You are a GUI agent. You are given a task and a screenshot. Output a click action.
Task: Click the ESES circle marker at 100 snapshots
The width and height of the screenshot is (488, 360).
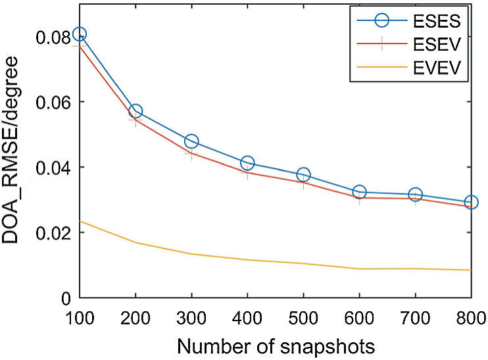point(80,34)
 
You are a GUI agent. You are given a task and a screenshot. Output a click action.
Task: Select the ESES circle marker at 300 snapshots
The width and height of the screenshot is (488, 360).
point(191,141)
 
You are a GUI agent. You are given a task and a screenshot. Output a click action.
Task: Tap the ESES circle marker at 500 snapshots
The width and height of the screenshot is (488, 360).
point(303,174)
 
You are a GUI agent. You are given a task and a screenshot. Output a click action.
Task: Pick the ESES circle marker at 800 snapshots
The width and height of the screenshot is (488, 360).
point(471,202)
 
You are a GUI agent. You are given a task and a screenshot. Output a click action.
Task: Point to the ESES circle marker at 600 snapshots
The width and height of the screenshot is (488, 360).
point(359,192)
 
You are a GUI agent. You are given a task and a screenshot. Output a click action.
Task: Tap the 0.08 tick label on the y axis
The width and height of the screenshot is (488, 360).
point(53,37)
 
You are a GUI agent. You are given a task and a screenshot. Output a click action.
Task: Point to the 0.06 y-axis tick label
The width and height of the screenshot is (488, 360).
point(53,102)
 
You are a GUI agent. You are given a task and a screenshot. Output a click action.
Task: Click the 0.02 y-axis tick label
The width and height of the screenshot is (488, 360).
point(53,233)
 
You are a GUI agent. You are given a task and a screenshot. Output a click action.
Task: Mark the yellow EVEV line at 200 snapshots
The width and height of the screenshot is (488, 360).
point(135,243)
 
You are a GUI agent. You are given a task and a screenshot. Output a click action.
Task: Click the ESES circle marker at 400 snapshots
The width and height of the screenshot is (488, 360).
point(247,163)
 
